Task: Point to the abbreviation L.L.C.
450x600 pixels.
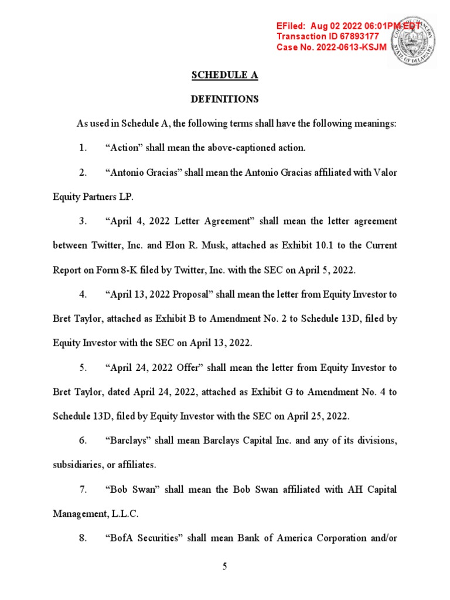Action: coord(138,514)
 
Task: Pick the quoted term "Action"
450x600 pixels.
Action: coord(123,148)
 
